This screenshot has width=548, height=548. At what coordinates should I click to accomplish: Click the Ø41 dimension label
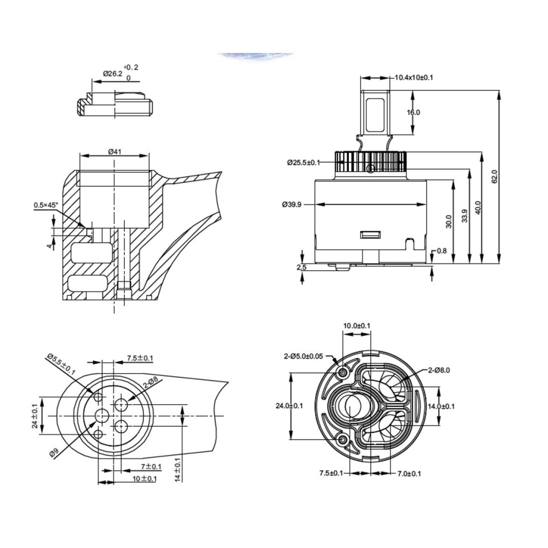[x=115, y=151]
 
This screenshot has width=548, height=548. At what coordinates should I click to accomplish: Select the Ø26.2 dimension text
[x=112, y=74]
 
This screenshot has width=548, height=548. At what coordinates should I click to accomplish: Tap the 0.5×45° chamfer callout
[x=46, y=205]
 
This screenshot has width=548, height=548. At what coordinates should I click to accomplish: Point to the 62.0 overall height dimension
[x=494, y=177]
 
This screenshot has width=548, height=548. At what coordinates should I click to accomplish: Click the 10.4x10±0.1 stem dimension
[x=414, y=78]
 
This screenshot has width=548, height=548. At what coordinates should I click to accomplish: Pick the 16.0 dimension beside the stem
[x=414, y=112]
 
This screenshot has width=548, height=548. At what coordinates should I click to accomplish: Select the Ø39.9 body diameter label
[x=292, y=204]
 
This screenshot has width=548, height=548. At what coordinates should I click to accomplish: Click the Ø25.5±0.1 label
[x=304, y=163]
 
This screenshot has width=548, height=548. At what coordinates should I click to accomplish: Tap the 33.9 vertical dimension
[x=465, y=216]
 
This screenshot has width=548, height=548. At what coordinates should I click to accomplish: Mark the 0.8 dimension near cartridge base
[x=442, y=251]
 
